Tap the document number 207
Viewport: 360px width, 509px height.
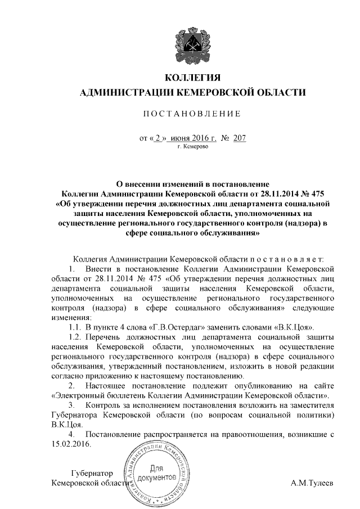[x=239, y=137]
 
